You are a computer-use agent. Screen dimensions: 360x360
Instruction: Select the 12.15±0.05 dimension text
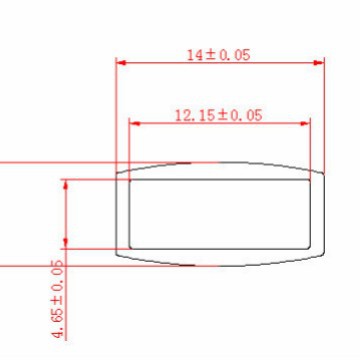click(x=217, y=116)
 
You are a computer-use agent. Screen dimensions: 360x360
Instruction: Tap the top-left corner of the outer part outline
click(x=118, y=172)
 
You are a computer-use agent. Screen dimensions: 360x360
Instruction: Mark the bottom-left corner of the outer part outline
click(x=118, y=255)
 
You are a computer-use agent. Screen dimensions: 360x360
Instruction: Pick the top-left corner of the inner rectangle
click(x=131, y=180)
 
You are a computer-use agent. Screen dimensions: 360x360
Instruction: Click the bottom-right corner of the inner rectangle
click(x=309, y=247)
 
